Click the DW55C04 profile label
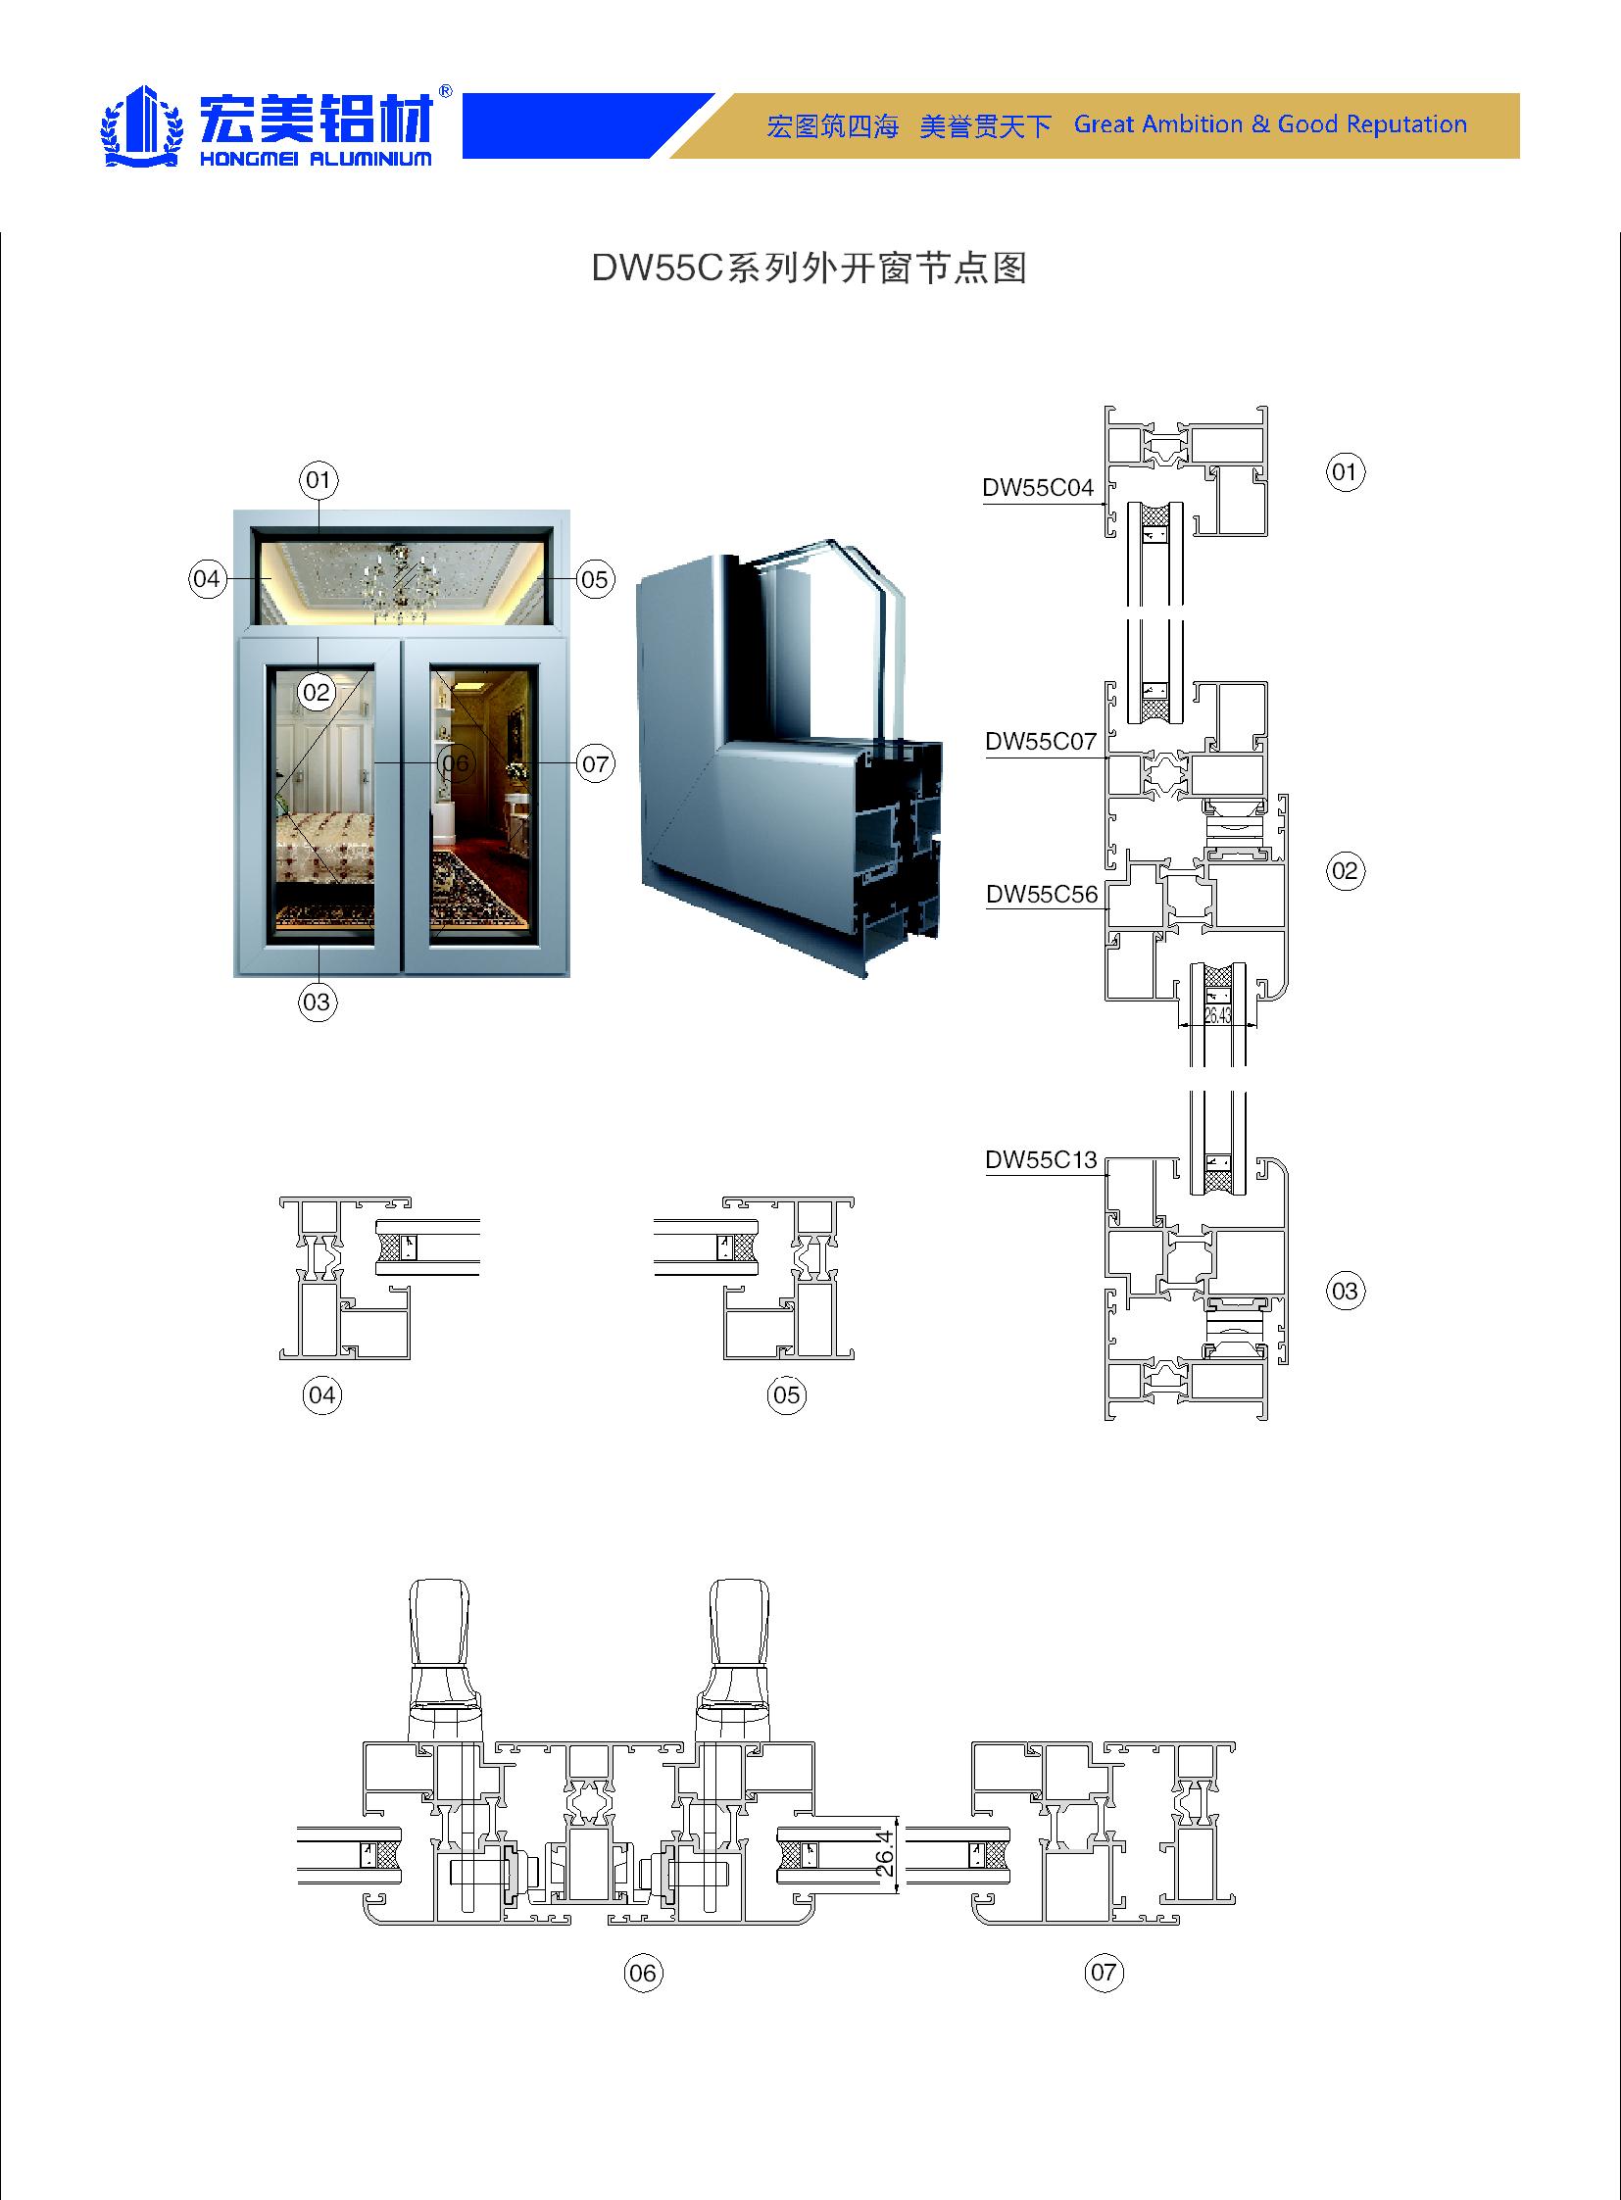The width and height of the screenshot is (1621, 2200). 1037,488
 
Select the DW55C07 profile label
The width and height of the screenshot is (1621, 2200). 1040,742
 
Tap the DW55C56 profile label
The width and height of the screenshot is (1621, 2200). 1041,894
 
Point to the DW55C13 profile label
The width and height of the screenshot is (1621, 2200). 1040,1160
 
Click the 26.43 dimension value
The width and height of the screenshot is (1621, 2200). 1217,1015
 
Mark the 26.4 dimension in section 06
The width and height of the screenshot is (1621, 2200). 885,1853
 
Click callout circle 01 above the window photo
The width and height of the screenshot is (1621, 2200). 318,480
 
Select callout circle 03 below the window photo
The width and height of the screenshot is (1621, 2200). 317,1002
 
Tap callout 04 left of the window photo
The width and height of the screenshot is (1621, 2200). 207,579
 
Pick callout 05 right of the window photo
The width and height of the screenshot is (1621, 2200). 595,579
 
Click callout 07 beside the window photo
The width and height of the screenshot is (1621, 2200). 596,763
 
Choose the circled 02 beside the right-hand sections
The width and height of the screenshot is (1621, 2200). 1345,870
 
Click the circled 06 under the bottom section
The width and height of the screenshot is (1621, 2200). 643,1973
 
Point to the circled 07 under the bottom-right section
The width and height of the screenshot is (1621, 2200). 1104,1973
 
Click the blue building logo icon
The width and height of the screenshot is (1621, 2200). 143,125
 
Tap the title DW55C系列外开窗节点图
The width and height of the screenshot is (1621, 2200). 809,268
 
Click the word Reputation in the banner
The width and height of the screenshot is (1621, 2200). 1406,124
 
